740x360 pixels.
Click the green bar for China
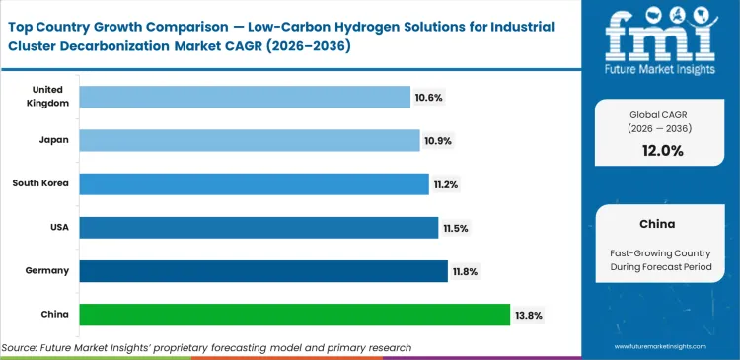click(x=294, y=315)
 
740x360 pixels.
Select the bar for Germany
click(x=262, y=271)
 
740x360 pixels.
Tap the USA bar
click(x=259, y=228)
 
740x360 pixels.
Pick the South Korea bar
click(x=254, y=183)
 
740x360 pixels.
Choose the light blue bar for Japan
click(x=249, y=140)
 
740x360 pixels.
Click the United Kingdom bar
click(x=245, y=97)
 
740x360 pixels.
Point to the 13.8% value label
click(x=528, y=316)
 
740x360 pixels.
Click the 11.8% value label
click(x=466, y=272)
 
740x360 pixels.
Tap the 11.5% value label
click(x=457, y=228)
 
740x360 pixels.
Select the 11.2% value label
click(x=447, y=184)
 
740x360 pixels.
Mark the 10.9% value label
click(x=438, y=141)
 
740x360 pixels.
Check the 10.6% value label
click(x=428, y=97)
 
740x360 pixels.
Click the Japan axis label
click(x=54, y=140)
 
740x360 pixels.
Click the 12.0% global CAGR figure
click(x=661, y=150)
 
